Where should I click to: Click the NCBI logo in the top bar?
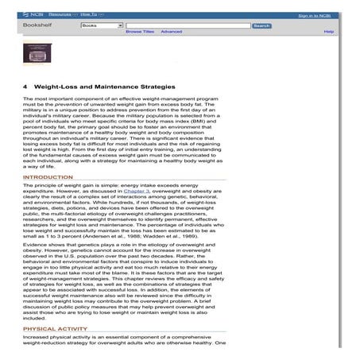tap(33, 15)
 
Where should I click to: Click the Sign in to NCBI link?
tap(315, 15)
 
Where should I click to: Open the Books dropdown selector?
tap(102, 25)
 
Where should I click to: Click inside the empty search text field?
tap(188, 25)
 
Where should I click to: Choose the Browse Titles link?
tap(139, 32)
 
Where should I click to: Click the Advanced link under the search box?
tap(171, 32)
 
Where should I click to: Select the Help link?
tap(328, 32)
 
